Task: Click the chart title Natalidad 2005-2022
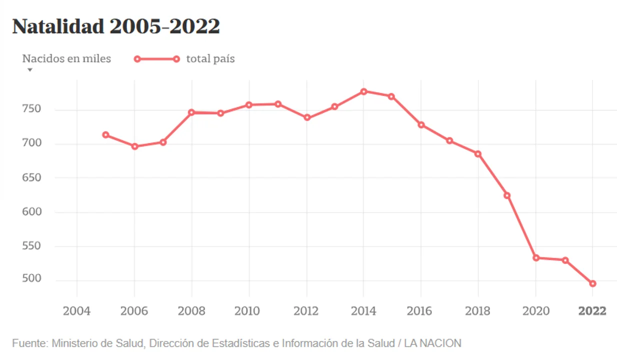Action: tap(116, 26)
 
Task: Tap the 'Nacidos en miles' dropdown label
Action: tap(66, 59)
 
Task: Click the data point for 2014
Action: tap(363, 91)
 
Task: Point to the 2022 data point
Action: tap(592, 283)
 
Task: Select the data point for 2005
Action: tap(105, 134)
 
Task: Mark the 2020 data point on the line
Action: tap(535, 258)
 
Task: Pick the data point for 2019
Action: tap(506, 195)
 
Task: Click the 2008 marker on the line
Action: tap(191, 112)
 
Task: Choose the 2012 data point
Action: tap(307, 118)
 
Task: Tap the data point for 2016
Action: tap(421, 124)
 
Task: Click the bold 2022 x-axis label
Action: tap(592, 311)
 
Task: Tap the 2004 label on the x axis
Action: tap(76, 311)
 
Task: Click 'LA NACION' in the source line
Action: tap(432, 343)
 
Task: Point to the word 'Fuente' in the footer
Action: tap(29, 343)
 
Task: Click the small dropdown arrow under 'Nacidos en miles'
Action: tap(29, 70)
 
